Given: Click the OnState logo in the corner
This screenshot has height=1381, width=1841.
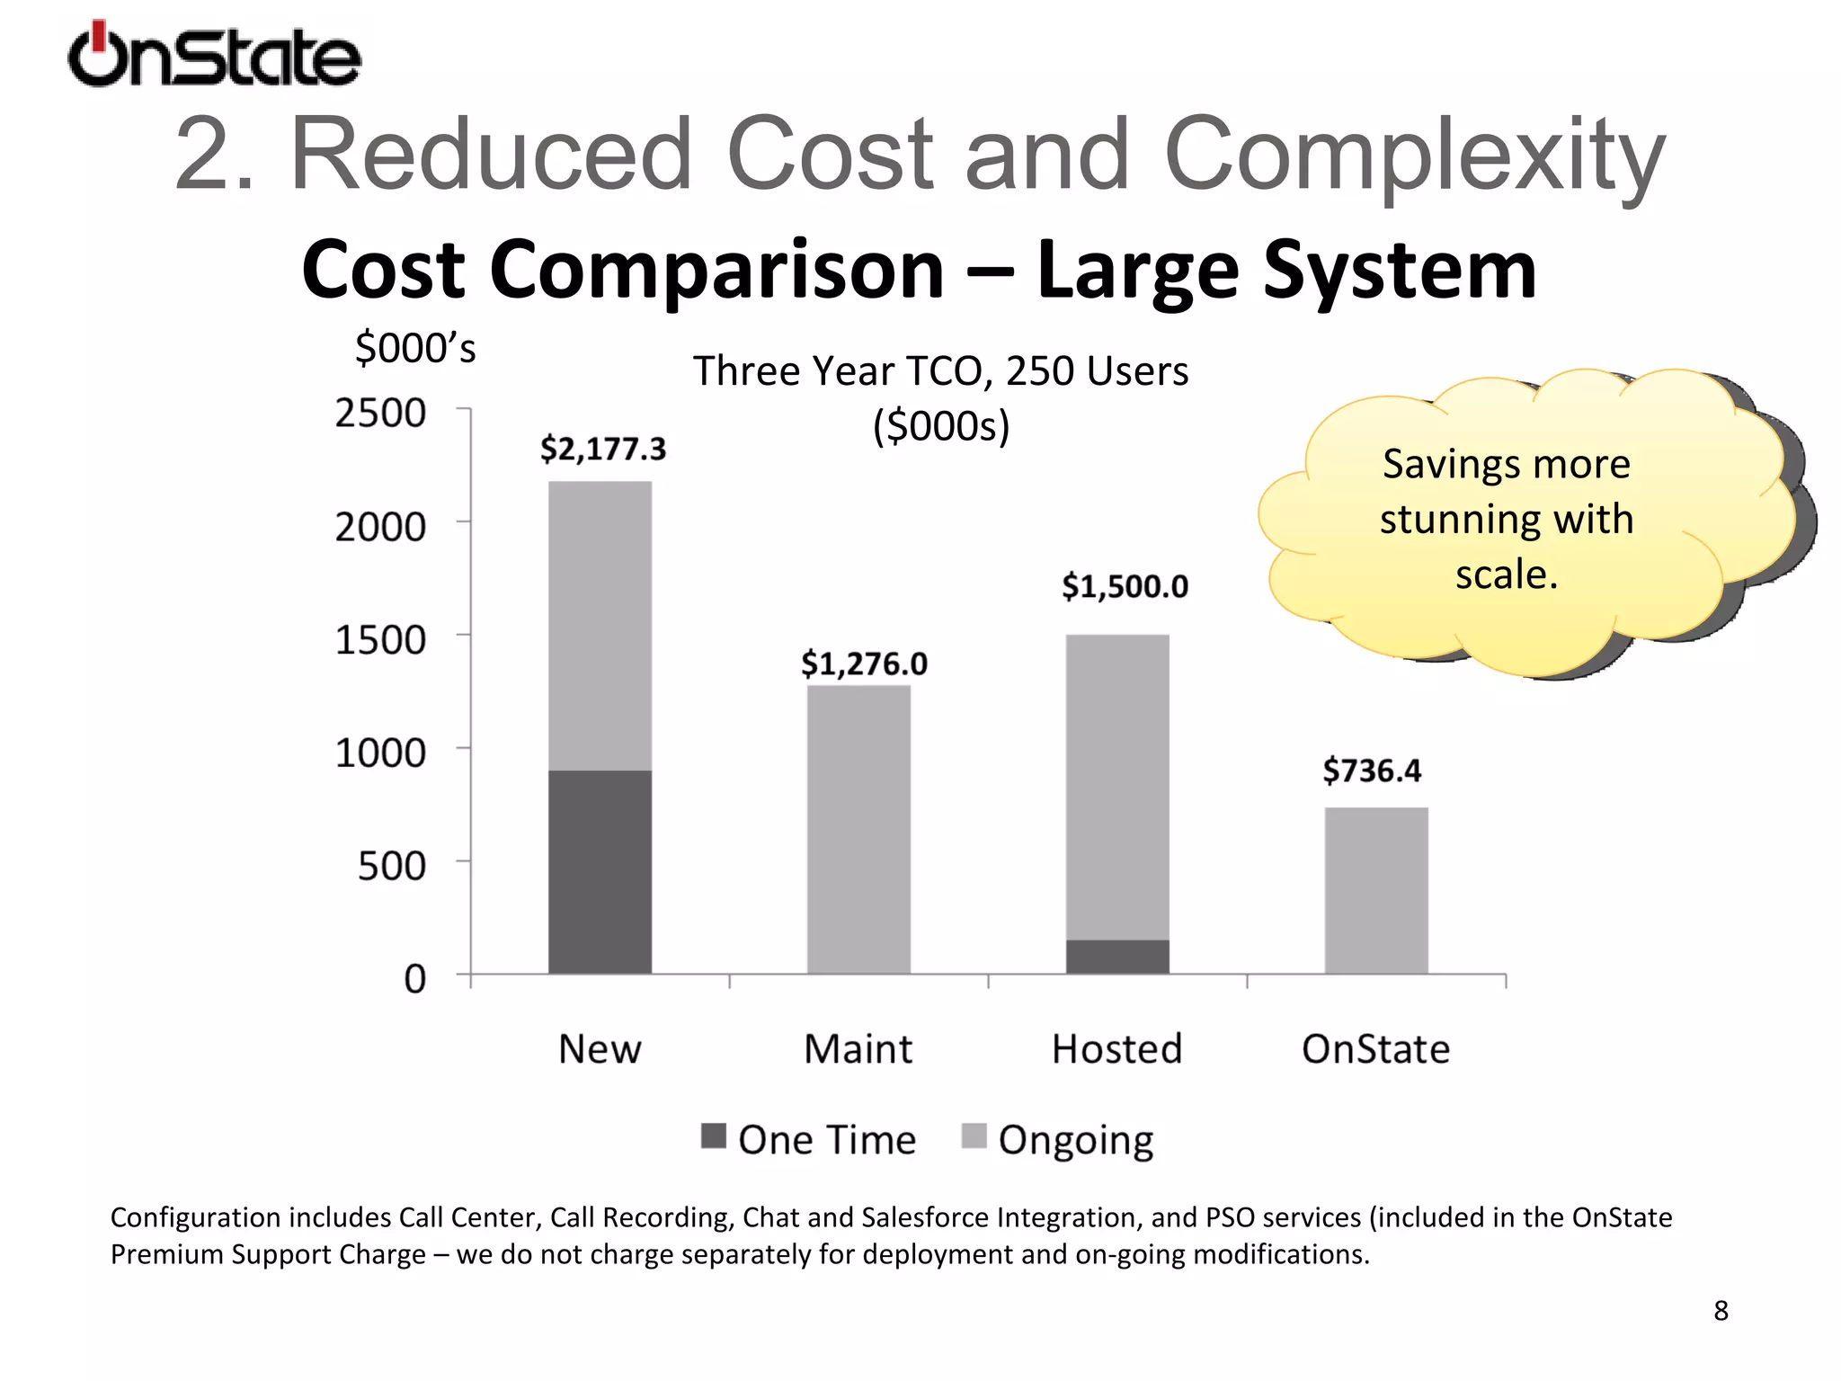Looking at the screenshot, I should tap(214, 56).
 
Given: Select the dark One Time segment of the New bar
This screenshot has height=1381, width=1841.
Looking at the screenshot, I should tap(600, 871).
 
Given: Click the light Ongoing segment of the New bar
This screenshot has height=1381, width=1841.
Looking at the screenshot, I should tap(600, 626).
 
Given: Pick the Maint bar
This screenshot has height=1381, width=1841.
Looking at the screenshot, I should tap(858, 829).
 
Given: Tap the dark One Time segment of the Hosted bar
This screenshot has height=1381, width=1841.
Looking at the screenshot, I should tap(1117, 957).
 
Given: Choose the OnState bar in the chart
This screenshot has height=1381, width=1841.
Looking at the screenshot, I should tap(1376, 890).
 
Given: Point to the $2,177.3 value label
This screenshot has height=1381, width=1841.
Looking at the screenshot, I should tap(603, 449).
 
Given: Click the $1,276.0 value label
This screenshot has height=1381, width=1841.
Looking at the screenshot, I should tap(864, 664).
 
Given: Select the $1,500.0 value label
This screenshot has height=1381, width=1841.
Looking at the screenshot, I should tap(1125, 587).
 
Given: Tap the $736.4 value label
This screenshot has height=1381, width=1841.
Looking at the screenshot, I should tap(1372, 771).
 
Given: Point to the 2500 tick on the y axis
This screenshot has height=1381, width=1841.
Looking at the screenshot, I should tap(380, 414).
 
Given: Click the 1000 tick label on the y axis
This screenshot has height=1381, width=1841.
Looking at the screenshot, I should tap(380, 753).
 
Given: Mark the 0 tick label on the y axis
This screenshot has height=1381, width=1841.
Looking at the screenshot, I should tap(414, 978).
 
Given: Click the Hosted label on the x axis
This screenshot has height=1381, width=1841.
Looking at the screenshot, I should tap(1116, 1049).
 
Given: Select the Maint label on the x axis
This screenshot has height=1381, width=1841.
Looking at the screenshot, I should tap(858, 1049).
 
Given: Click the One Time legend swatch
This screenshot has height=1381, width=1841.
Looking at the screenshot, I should tap(713, 1136).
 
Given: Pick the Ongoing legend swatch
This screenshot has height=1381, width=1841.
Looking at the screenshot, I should tap(974, 1136).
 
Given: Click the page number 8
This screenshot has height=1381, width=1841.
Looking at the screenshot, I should tap(1721, 1311).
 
